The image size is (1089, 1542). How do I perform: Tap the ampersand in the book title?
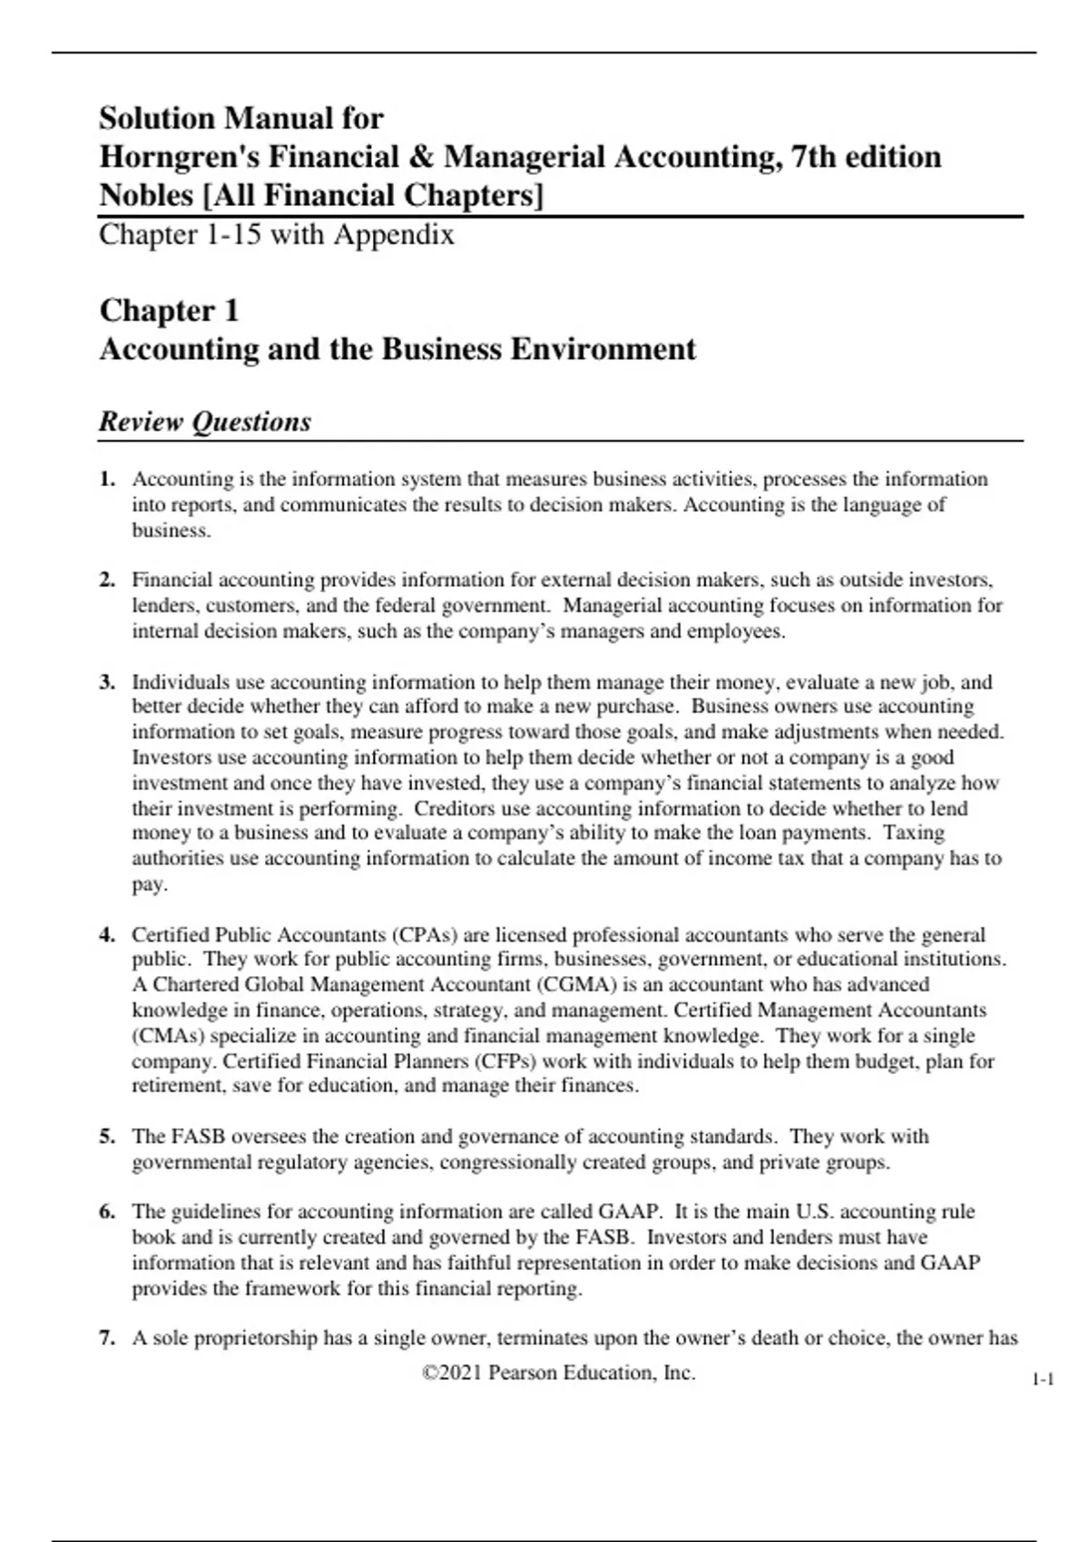[420, 157]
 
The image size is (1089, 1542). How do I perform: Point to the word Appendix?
[394, 235]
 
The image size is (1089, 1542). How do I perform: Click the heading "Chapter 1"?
[169, 310]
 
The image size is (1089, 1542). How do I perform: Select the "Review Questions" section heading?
[205, 422]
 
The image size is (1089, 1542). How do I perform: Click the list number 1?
[107, 479]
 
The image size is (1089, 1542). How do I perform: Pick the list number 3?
[107, 682]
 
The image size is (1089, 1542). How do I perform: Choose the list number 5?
[107, 1137]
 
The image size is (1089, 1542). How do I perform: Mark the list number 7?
[107, 1338]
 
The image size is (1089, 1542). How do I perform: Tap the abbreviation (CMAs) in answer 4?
[168, 1036]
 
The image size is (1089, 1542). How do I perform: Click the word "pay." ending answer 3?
[150, 884]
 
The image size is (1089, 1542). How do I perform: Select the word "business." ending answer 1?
[172, 531]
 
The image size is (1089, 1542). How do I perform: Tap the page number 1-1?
[1043, 1381]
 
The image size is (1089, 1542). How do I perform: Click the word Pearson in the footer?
[522, 1373]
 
